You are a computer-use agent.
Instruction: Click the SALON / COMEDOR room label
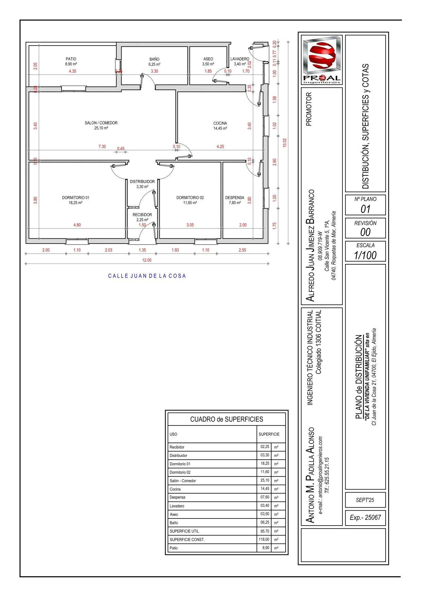click(x=101, y=123)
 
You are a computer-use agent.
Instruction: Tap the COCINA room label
click(x=220, y=123)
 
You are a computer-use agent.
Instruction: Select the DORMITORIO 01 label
click(x=75, y=198)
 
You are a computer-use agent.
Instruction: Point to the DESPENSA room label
click(x=234, y=198)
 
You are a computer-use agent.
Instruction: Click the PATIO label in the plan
click(x=71, y=59)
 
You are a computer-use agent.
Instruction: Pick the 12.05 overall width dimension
click(x=147, y=260)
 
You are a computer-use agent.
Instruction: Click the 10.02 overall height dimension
click(x=285, y=143)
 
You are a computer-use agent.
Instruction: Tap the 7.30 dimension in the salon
click(x=102, y=147)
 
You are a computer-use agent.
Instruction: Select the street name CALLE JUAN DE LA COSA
click(x=147, y=276)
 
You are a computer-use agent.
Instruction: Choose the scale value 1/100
click(x=365, y=255)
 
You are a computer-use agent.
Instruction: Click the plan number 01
click(x=365, y=209)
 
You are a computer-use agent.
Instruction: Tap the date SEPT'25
click(x=365, y=500)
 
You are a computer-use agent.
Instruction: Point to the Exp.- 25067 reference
click(x=365, y=518)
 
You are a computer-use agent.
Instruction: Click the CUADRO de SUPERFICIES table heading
click(x=226, y=419)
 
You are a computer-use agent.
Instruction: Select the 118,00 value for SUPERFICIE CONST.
click(x=264, y=540)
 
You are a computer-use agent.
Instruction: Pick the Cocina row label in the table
click(x=175, y=489)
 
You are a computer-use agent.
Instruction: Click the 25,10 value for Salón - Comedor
click(x=265, y=480)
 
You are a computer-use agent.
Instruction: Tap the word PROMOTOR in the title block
click(x=309, y=109)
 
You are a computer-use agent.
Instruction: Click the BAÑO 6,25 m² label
click(x=154, y=62)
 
